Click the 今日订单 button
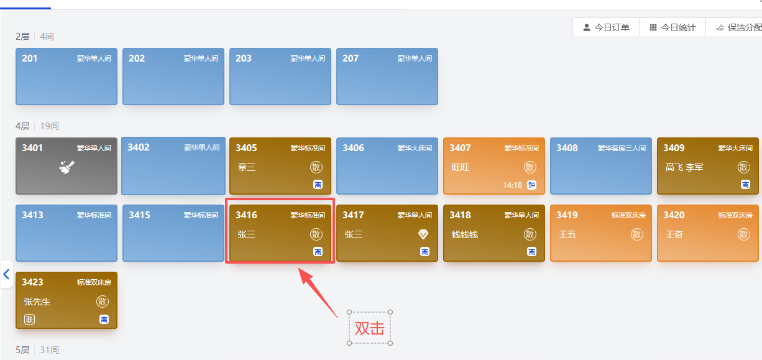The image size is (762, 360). point(606,27)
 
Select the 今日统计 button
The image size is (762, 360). point(672,27)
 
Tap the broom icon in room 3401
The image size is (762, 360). point(67,167)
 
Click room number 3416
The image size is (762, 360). point(246,215)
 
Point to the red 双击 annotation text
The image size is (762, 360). point(369,328)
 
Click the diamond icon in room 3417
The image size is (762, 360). point(423,234)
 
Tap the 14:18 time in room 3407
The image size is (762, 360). point(512,185)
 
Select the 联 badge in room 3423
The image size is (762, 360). point(30,319)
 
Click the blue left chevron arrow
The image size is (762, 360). point(6,274)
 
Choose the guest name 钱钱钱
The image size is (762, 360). point(465,234)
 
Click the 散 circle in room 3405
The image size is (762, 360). point(316,167)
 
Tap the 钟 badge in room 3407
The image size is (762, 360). point(531,185)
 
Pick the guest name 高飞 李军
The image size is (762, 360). point(684,167)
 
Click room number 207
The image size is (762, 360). point(351,58)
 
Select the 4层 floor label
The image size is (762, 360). point(22,126)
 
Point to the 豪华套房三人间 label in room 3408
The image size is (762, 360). point(622,148)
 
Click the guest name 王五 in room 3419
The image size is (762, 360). point(567,234)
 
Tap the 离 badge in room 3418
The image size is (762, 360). point(531,252)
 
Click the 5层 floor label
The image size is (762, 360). point(22,350)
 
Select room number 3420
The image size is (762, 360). point(674,215)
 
